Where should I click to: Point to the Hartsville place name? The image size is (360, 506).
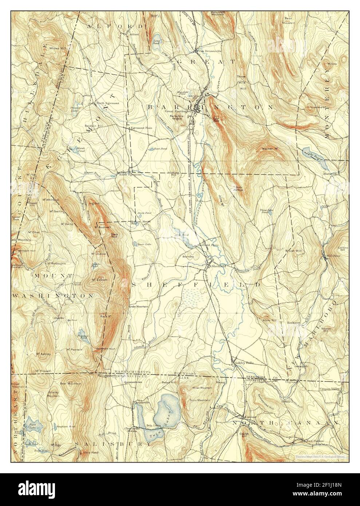pos(330,174)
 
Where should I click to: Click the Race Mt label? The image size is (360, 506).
pos(105,316)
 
